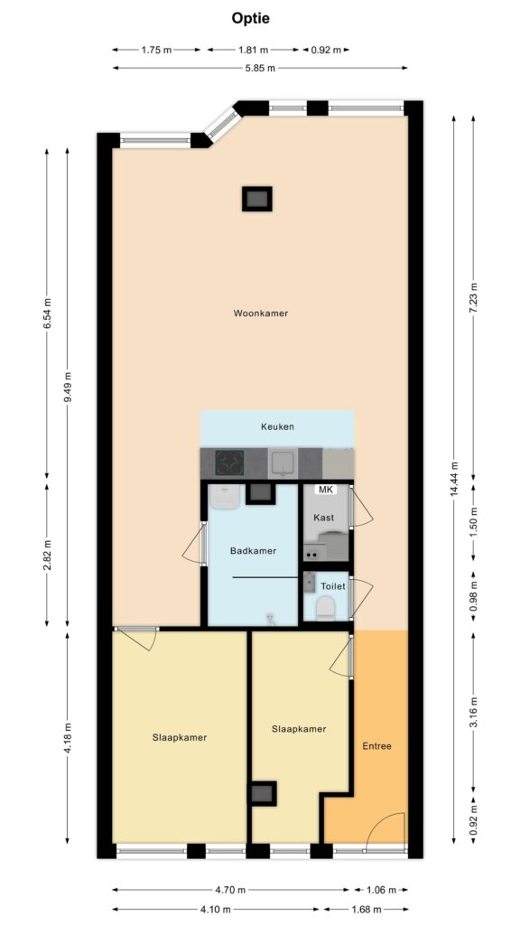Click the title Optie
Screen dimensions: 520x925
click(x=250, y=18)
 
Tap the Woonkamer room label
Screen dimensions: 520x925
click(x=261, y=313)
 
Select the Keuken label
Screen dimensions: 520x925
click(x=277, y=426)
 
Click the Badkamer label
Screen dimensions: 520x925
click(x=253, y=551)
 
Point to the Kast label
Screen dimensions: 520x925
click(x=324, y=518)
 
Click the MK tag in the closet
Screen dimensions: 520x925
click(x=325, y=490)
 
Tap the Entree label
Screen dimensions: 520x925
click(x=376, y=745)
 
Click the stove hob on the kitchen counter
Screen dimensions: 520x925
click(x=229, y=462)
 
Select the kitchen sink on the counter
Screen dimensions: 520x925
click(x=283, y=463)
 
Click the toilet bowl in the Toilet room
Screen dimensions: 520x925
click(x=325, y=608)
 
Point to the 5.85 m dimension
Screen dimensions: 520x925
click(x=260, y=68)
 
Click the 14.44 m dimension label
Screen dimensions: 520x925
click(x=454, y=479)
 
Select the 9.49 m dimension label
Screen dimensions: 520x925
click(x=67, y=388)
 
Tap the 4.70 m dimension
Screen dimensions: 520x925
click(x=230, y=889)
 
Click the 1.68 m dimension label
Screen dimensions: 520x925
click(x=366, y=909)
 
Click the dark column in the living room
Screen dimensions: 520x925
click(x=257, y=199)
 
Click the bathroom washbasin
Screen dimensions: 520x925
click(x=224, y=497)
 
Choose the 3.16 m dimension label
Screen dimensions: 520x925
click(x=473, y=713)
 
